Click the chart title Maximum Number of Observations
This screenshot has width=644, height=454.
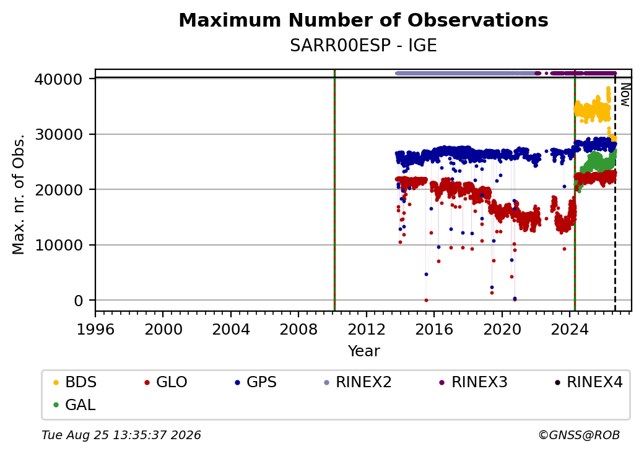363,20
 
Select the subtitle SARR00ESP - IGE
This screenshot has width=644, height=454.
363,46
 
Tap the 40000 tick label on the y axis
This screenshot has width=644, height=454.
59,79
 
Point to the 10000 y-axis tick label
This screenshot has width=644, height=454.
59,246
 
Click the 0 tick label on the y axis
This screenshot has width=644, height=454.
79,301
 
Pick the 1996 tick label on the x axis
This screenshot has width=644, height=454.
95,329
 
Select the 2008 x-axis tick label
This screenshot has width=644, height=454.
298,329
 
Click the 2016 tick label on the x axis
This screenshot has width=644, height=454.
434,329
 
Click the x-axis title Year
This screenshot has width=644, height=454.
364,351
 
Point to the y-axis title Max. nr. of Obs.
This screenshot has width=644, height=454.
19,194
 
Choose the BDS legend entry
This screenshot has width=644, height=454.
75,382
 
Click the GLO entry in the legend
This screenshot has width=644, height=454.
166,382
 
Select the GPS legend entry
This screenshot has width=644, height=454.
256,382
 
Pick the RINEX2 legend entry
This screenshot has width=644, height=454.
358,382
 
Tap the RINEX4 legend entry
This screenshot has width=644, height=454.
588,382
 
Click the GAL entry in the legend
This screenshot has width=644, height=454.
74,405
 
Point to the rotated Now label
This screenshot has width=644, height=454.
625,95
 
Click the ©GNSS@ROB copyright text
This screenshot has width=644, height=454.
579,435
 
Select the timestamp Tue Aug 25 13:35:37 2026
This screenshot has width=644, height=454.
121,435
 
